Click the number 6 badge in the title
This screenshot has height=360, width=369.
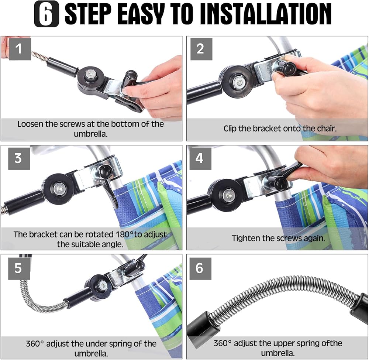(x=46, y=14)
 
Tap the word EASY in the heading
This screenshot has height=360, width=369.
(x=139, y=14)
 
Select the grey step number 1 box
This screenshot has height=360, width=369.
(x=20, y=49)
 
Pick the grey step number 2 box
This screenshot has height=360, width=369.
(x=201, y=49)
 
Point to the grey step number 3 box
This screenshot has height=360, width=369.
(x=19, y=158)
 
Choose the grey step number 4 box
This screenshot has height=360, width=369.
(x=200, y=158)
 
